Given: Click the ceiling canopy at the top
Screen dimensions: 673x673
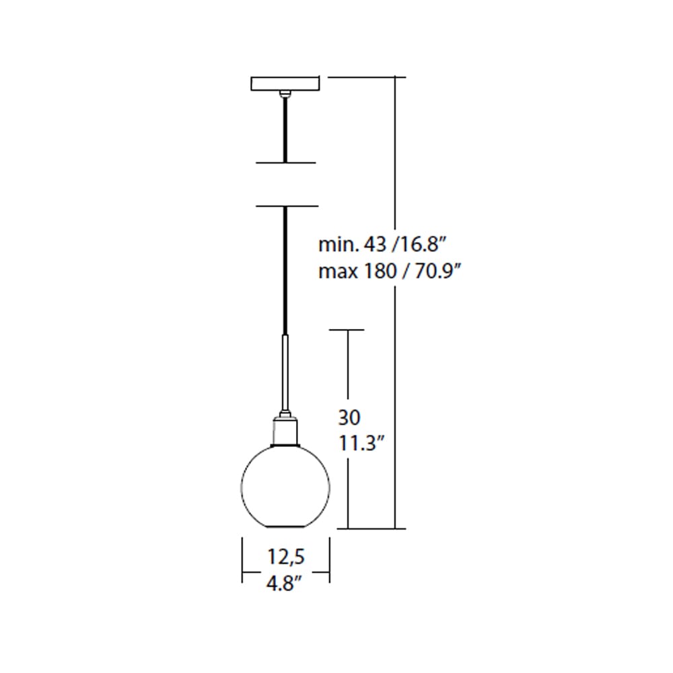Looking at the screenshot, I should point(286,84).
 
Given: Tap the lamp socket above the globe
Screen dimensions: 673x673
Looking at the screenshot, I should point(286,431).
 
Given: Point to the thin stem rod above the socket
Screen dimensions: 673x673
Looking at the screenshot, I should point(286,374).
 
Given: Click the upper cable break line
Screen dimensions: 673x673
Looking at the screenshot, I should point(286,162).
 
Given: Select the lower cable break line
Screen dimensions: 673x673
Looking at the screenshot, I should point(286,206).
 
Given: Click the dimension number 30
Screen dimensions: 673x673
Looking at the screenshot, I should point(349,418).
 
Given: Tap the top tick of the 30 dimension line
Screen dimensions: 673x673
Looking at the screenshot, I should point(347,330).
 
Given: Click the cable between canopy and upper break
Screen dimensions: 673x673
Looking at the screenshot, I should point(286,128).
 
